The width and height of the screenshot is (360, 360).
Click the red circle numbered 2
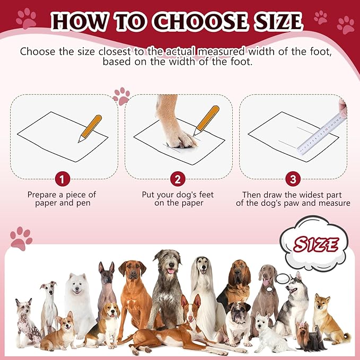pos(178,179)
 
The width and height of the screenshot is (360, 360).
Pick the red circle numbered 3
pos(293,179)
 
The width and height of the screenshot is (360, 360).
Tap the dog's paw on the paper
pos(179,139)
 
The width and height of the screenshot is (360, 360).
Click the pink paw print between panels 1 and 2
pos(122,95)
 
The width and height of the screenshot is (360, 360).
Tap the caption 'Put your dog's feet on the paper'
pos(178,199)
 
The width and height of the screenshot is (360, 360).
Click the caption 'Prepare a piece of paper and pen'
pos(63,199)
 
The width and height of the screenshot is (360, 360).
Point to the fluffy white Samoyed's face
pos(78,286)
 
